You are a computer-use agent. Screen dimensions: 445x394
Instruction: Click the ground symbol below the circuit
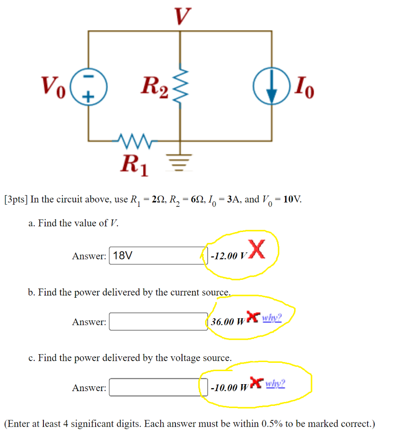pos(181,159)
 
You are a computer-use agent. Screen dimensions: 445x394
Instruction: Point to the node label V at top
pos(182,16)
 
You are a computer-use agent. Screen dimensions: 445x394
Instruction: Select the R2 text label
pos(154,89)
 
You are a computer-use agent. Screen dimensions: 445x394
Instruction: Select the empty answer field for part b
pos(158,322)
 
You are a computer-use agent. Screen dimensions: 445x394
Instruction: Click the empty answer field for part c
pos(158,387)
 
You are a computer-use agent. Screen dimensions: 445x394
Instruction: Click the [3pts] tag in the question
pos(16,199)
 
